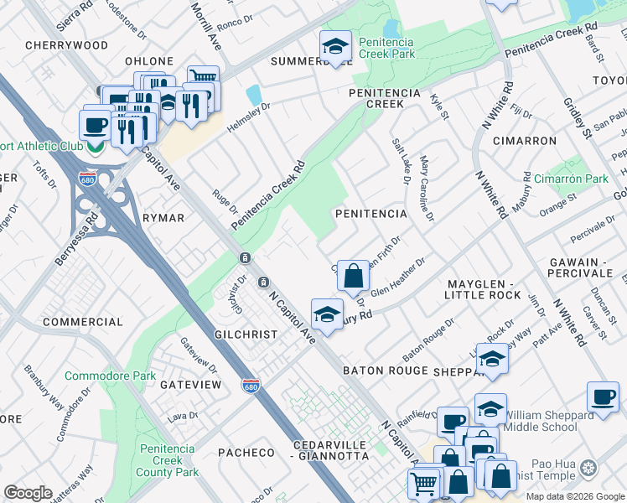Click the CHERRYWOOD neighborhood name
click(x=67, y=44)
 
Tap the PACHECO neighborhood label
click(x=246, y=453)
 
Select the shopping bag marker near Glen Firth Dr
click(x=354, y=275)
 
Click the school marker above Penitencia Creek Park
click(x=335, y=46)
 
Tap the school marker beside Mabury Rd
click(x=326, y=314)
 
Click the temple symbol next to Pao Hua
click(x=588, y=466)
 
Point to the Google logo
click(x=28, y=493)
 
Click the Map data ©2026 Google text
click(x=575, y=496)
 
